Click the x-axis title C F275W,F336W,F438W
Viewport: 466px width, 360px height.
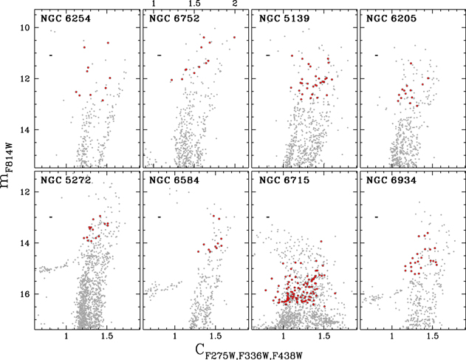pyautogui.click(x=252, y=350)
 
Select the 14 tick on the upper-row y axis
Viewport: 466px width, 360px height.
pyautogui.click(x=24, y=130)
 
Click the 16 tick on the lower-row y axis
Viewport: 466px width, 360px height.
pyautogui.click(x=24, y=294)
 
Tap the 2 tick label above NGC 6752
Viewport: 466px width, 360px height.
pyautogui.click(x=235, y=4)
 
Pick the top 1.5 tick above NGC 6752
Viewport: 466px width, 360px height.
pyautogui.click(x=194, y=4)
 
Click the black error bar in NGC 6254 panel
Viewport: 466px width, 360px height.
pyautogui.click(x=51, y=55)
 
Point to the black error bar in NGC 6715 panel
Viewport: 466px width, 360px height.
pyautogui.click(x=268, y=217)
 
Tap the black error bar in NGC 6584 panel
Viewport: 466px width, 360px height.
pyautogui.click(x=160, y=217)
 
